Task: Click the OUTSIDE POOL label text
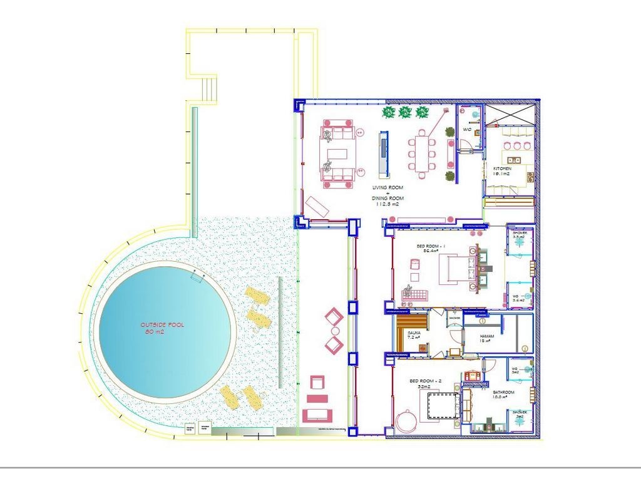pyautogui.click(x=162, y=325)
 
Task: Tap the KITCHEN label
pyautogui.click(x=502, y=169)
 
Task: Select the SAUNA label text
pyautogui.click(x=414, y=333)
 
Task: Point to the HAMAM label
pyautogui.click(x=487, y=336)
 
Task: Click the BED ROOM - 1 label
pyautogui.click(x=429, y=247)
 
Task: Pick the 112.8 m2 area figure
pyautogui.click(x=387, y=204)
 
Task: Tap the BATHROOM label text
pyautogui.click(x=503, y=393)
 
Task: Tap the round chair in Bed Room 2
pyautogui.click(x=408, y=420)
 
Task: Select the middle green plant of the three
pyautogui.click(x=404, y=113)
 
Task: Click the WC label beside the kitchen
pyautogui.click(x=466, y=130)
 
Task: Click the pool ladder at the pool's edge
pyautogui.click(x=198, y=276)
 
